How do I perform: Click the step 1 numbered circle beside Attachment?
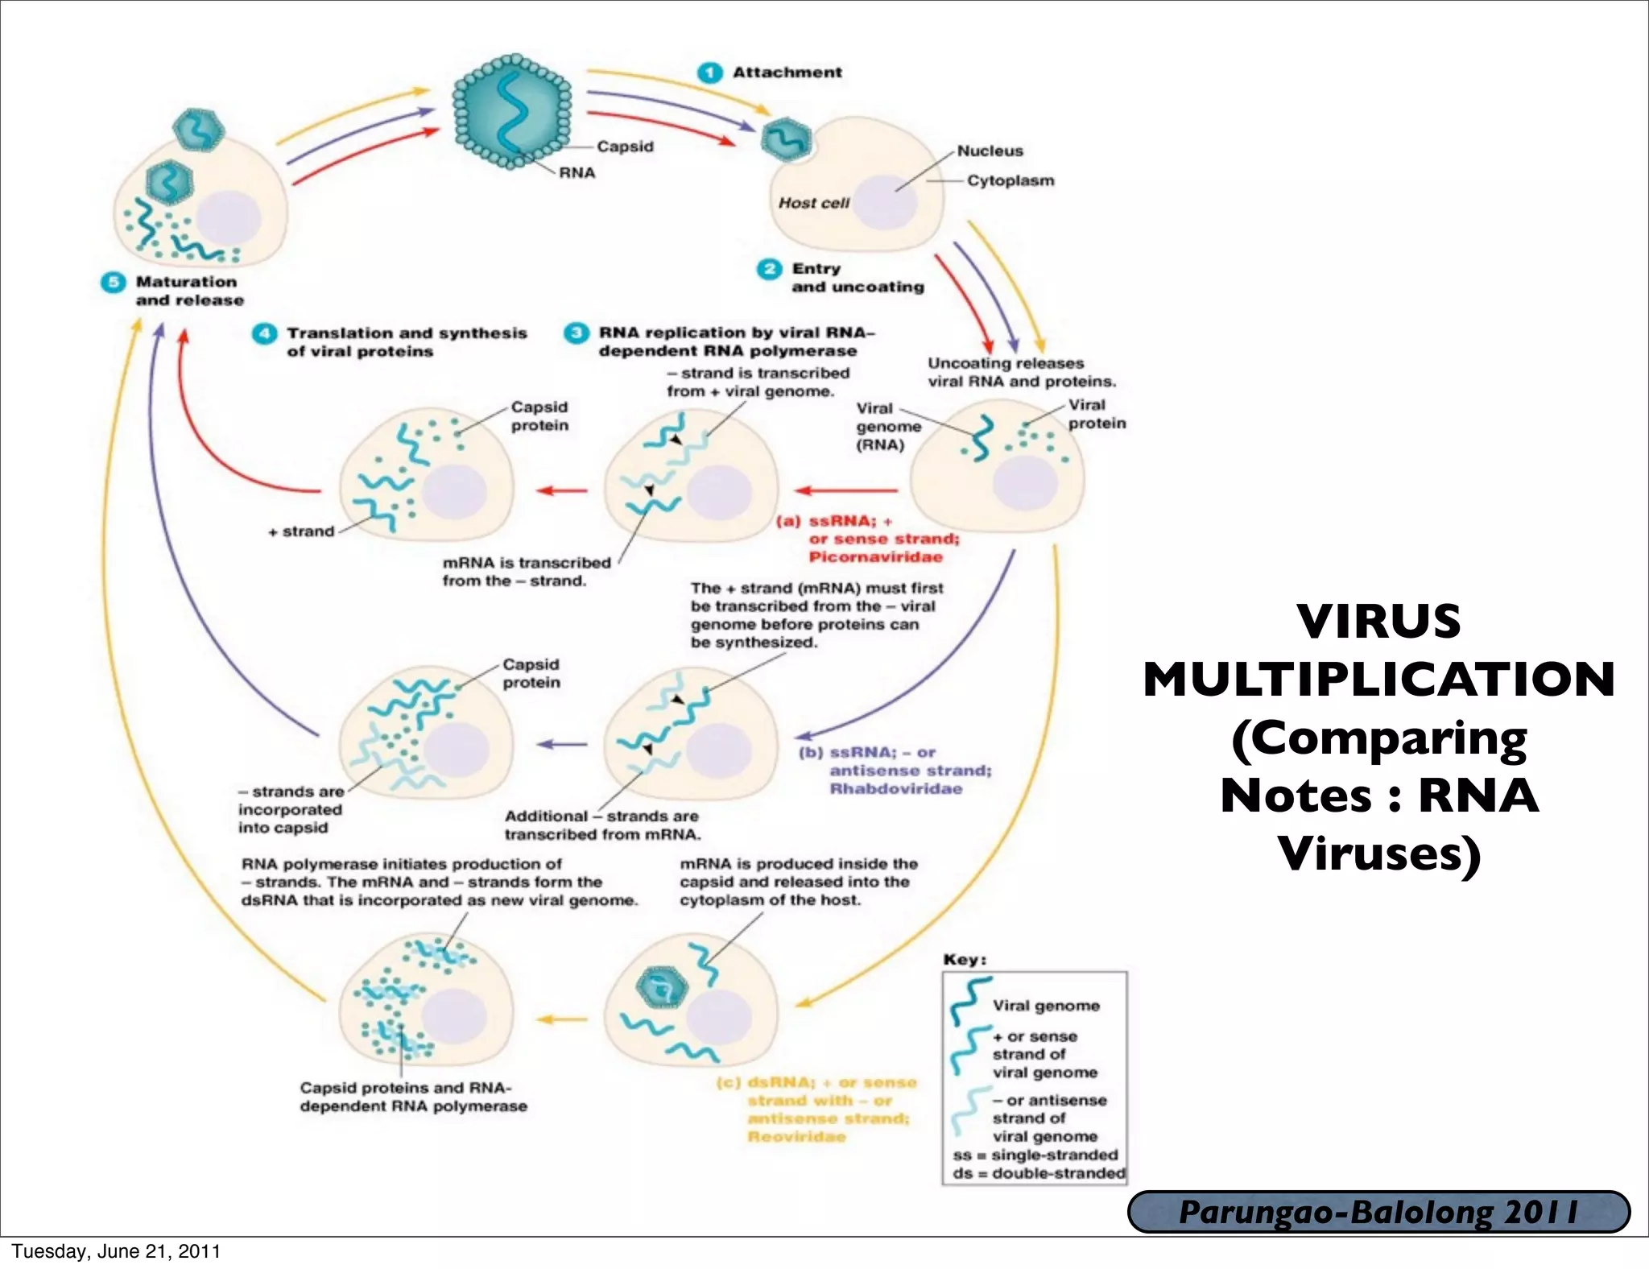(709, 72)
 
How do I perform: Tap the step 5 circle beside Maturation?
(113, 283)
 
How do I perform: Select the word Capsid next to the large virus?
(625, 147)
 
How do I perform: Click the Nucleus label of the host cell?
(990, 151)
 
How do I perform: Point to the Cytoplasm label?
(1010, 180)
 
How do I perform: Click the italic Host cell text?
(813, 203)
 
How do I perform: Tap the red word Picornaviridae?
(875, 557)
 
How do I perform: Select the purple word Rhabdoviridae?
(895, 788)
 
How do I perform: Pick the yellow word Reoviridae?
(796, 1136)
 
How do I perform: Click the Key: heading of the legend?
(965, 960)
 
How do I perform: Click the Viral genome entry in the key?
(1045, 1006)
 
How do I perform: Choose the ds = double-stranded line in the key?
(1039, 1173)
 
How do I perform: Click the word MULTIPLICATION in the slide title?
(1378, 680)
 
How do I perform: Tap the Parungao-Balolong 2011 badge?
(1378, 1212)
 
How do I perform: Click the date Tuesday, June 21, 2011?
(115, 1251)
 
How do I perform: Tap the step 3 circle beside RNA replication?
(576, 333)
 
